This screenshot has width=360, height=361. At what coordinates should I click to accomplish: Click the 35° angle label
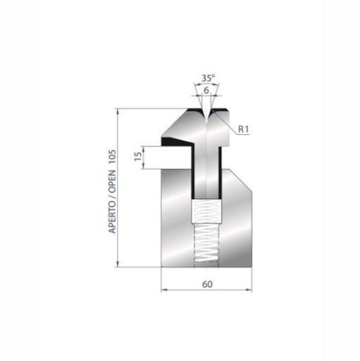point(206,78)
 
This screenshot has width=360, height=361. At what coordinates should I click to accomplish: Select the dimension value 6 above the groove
point(206,90)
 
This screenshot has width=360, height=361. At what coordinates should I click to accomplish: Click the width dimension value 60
point(207,284)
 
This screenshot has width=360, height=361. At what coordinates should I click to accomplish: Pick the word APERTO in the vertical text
point(113,211)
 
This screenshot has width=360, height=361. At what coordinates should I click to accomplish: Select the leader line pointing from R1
point(228,127)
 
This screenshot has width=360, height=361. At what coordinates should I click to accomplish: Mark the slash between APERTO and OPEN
point(113,188)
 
